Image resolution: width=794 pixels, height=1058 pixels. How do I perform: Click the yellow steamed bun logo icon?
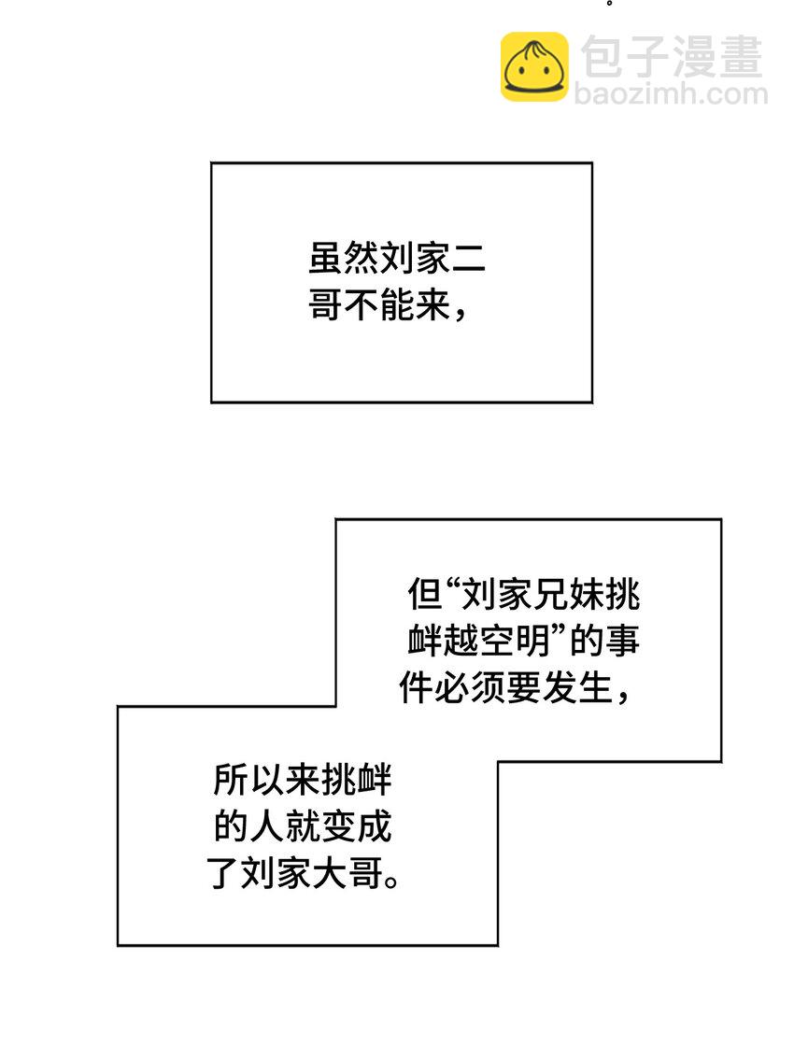pos(534,66)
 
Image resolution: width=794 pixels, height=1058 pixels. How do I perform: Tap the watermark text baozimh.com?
pos(671,94)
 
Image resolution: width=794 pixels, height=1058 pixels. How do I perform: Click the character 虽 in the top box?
pos(325,259)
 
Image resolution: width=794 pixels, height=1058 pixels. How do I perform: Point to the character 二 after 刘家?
pos(469,259)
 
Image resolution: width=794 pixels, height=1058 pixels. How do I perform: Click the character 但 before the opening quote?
pos(422,594)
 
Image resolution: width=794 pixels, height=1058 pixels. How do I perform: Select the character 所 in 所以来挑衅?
pos(230,781)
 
